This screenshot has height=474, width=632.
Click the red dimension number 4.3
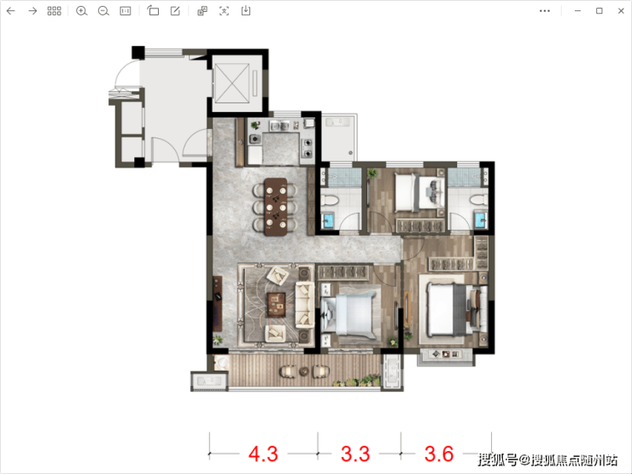click(263, 454)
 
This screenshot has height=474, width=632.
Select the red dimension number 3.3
click(355, 454)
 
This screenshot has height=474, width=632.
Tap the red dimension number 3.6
click(439, 454)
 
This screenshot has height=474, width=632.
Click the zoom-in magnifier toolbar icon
click(81, 11)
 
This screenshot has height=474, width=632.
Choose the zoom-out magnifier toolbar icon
click(103, 11)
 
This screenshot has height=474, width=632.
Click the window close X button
click(621, 11)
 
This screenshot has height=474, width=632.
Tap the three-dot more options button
click(545, 11)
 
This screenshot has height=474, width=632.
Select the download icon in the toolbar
click(245, 11)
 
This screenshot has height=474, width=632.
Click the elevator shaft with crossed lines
click(231, 84)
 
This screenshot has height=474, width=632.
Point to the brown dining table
click(276, 207)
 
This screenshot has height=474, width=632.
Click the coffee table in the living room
click(276, 303)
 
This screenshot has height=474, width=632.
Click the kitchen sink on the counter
click(279, 126)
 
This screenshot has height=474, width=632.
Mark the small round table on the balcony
click(304, 372)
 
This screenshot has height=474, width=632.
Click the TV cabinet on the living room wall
click(217, 303)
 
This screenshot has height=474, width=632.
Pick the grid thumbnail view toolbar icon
click(54, 11)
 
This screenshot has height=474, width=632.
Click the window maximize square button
click(600, 11)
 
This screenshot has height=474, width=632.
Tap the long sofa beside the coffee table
click(305, 304)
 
